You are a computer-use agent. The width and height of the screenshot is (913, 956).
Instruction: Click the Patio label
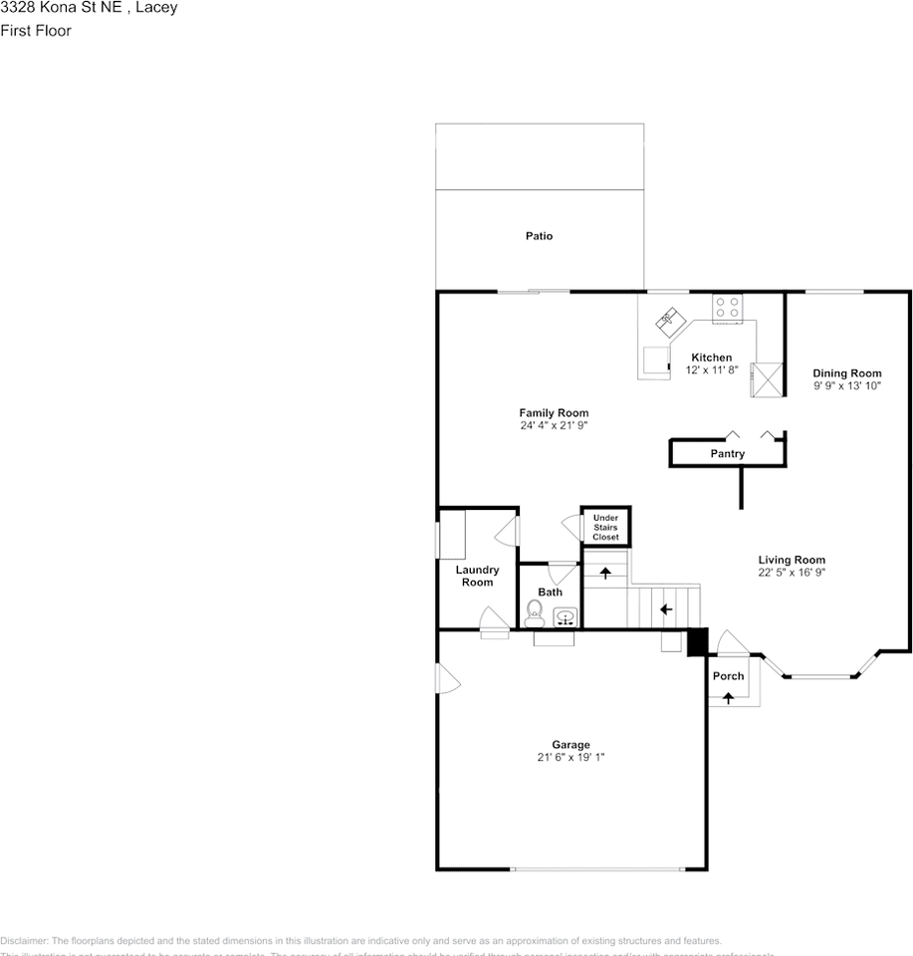click(x=539, y=236)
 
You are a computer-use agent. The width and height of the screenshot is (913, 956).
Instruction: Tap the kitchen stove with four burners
click(x=726, y=307)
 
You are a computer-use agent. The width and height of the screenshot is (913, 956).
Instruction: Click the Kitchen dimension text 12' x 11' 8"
click(x=711, y=370)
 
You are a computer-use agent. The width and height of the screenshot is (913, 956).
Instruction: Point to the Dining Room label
click(x=846, y=373)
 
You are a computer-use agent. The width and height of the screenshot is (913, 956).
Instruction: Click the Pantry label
click(x=727, y=454)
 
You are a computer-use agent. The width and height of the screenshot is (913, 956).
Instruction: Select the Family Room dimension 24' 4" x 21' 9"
click(x=554, y=426)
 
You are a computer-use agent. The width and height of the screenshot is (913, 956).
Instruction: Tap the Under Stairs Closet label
click(x=605, y=528)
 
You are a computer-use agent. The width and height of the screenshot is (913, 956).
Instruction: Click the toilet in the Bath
click(x=533, y=616)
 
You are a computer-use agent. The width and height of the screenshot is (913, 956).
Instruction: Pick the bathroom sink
click(x=566, y=617)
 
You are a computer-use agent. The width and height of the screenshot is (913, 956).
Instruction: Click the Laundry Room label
click(x=477, y=576)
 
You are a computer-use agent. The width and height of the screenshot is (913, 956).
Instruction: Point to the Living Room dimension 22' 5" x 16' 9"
click(x=792, y=573)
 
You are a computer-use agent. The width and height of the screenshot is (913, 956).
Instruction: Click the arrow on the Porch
click(x=728, y=698)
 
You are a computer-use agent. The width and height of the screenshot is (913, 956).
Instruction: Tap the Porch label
click(x=728, y=676)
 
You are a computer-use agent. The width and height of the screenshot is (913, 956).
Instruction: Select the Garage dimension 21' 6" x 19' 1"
click(x=571, y=758)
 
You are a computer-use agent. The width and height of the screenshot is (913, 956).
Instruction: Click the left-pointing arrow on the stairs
click(x=665, y=608)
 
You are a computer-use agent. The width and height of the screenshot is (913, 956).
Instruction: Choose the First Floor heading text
click(x=36, y=31)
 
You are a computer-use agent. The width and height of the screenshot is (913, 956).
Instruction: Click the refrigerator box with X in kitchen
click(x=767, y=379)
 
